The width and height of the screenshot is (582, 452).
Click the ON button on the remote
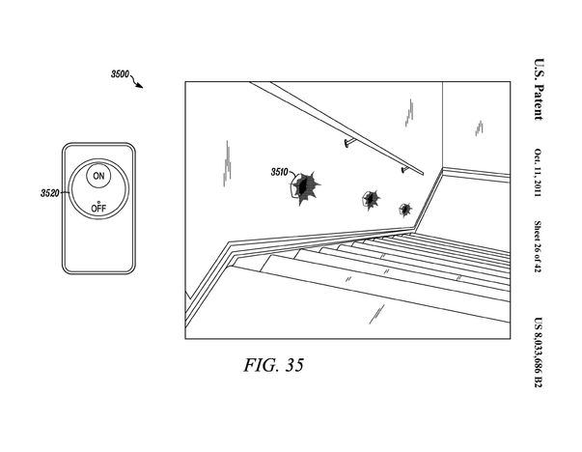(x=97, y=175)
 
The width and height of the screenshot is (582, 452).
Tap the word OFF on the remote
(x=97, y=209)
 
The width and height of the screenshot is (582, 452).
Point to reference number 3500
(x=121, y=73)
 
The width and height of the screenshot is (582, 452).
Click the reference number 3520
(x=50, y=193)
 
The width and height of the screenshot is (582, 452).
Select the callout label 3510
(x=280, y=173)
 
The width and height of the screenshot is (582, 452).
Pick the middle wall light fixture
(x=370, y=199)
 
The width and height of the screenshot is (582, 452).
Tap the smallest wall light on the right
(x=404, y=209)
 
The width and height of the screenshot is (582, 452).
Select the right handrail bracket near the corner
(x=402, y=170)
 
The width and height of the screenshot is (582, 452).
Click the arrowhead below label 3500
(x=140, y=86)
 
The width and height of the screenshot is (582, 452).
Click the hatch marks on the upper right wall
(x=478, y=127)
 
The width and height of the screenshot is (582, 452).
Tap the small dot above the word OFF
(x=97, y=200)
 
